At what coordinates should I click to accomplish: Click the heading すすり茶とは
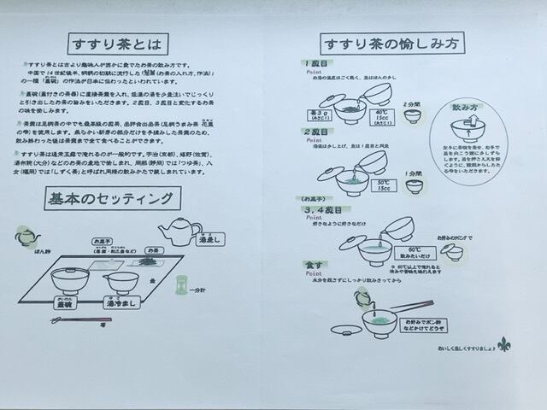(117, 44)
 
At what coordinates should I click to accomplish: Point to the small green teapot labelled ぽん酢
(26, 236)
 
